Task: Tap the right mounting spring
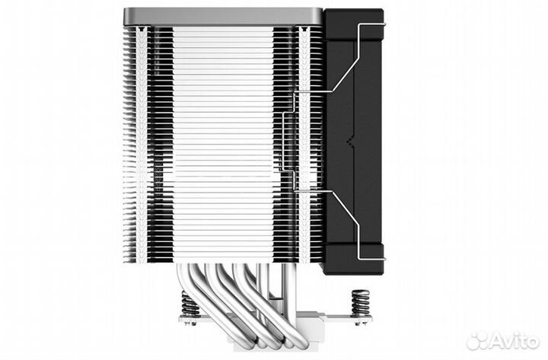(360, 302)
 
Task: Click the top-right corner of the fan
(378, 14)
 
